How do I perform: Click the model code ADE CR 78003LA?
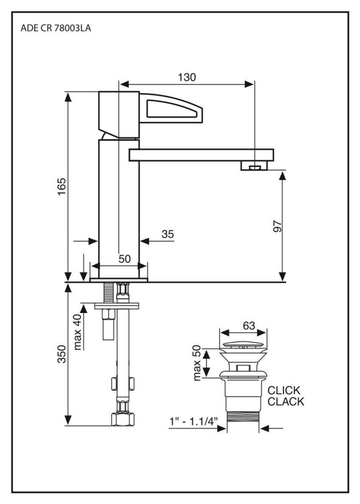coord(56,29)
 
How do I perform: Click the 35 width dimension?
coord(167,234)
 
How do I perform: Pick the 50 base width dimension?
coord(125,259)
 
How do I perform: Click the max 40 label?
coord(77,332)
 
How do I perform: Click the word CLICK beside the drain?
coord(283,391)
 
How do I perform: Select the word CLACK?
coord(285,402)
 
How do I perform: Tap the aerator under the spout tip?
coord(256,166)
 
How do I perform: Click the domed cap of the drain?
coord(244,345)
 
